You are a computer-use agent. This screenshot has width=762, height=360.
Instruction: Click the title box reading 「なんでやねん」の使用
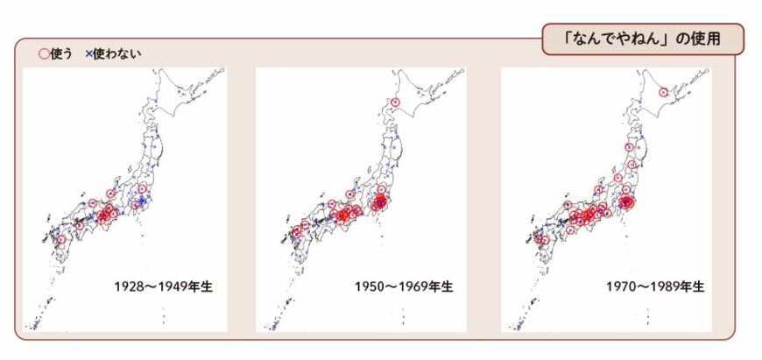click(x=642, y=39)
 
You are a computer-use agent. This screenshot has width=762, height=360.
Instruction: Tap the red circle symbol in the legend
click(x=43, y=54)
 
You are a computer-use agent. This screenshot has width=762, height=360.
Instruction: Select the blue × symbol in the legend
click(x=88, y=54)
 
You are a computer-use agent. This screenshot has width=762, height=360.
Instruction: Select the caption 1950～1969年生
click(x=404, y=286)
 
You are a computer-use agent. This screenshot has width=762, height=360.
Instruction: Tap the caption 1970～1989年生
click(x=654, y=286)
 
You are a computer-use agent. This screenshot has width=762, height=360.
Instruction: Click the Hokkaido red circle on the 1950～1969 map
click(x=395, y=103)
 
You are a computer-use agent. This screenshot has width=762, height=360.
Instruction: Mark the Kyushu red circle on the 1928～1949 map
click(x=60, y=239)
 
